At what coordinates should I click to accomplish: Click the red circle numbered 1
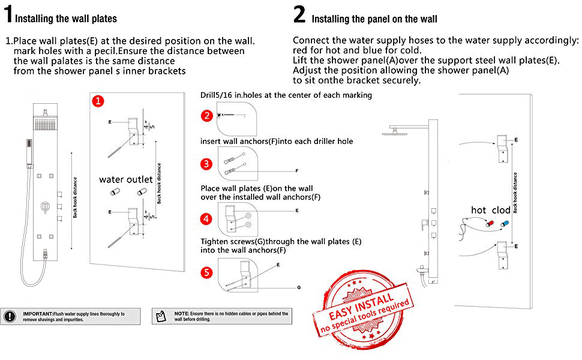coord(98,101)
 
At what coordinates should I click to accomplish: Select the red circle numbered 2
coord(207,115)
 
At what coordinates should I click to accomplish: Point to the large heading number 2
coord(299,14)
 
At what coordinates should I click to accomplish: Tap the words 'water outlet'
coord(126,179)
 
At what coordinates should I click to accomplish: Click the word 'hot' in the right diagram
coord(478,210)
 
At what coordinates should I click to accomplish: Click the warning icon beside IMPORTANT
coord(11,316)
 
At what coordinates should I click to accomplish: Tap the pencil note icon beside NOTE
coord(160,316)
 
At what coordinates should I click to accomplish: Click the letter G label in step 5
coord(298,288)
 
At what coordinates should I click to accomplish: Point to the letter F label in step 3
coord(296,171)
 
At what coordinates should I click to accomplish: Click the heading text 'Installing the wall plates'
coord(66,19)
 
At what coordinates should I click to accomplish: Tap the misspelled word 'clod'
coord(501,210)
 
